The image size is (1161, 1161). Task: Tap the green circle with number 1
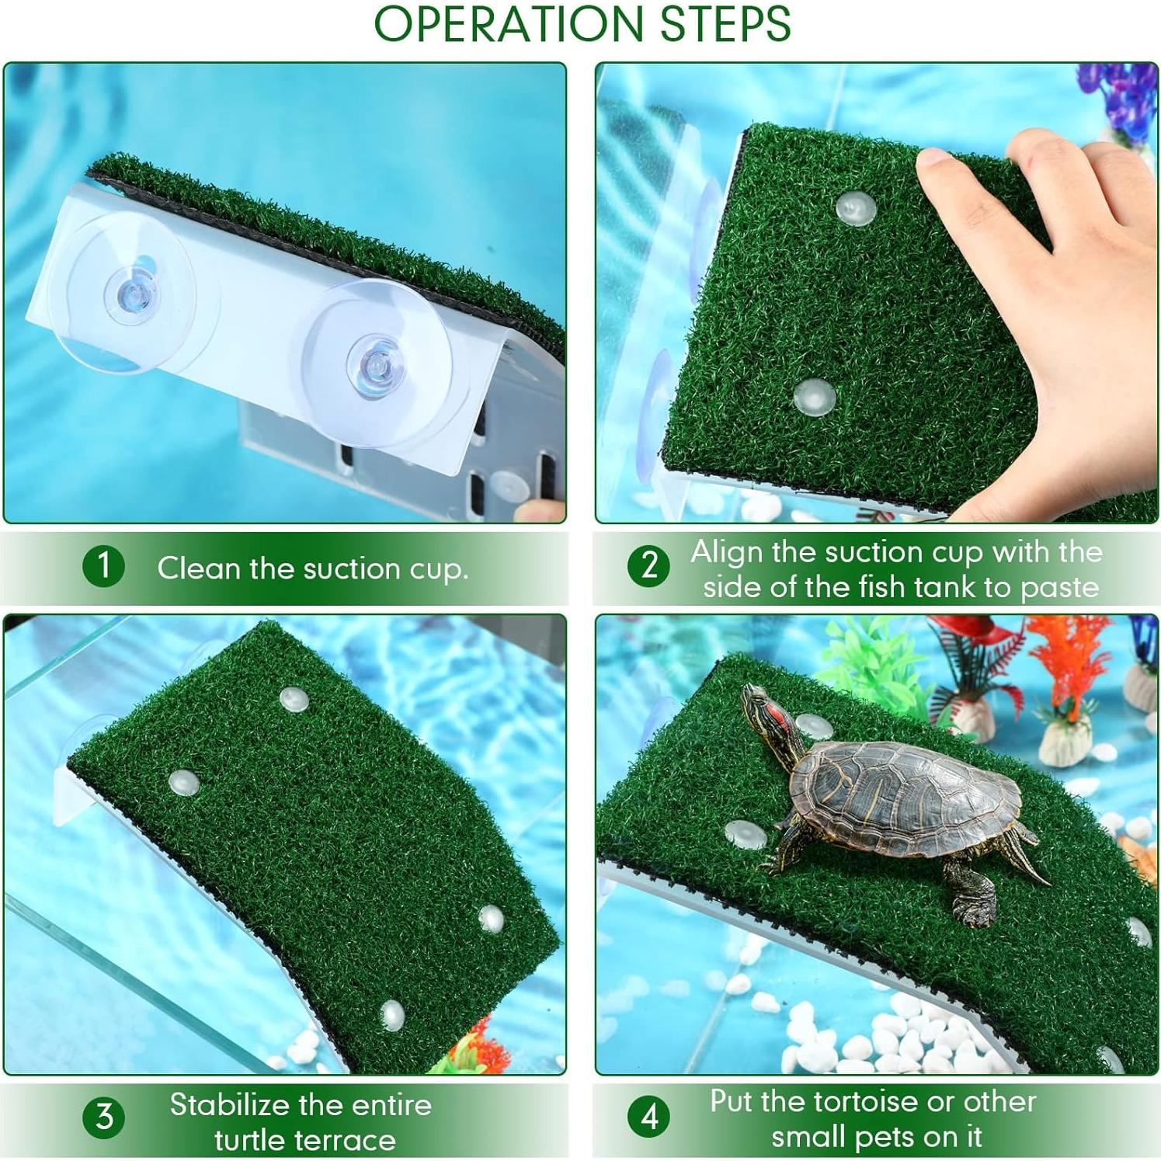103,565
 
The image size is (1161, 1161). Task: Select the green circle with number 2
648,565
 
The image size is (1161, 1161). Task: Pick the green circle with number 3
103,1118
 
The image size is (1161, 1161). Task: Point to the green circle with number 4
648,1118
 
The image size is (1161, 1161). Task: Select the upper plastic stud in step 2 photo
856,207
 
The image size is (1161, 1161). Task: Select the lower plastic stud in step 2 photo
814,397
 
